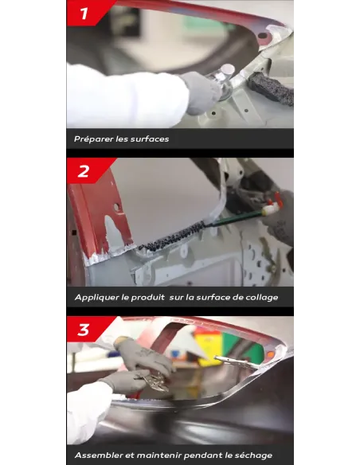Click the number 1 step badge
[86, 13]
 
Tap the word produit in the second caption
[147, 298]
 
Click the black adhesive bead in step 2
[171, 236]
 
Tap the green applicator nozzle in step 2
[237, 218]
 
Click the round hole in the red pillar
[117, 207]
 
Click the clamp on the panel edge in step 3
[237, 362]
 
